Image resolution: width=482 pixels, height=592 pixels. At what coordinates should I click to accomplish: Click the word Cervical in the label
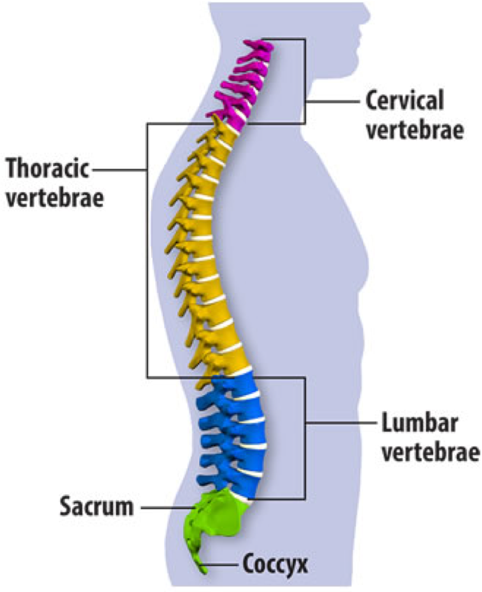pos(404,101)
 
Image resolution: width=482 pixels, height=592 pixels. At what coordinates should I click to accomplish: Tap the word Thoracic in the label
pos(48,170)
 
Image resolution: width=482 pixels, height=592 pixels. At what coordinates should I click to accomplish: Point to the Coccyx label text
pos(275,565)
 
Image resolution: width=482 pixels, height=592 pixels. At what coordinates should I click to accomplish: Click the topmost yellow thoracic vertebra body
pos(227,135)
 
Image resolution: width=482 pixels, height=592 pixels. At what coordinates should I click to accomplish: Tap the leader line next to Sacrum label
pos(167,508)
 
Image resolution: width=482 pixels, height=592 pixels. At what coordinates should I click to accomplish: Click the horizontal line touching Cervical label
pos(333,102)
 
